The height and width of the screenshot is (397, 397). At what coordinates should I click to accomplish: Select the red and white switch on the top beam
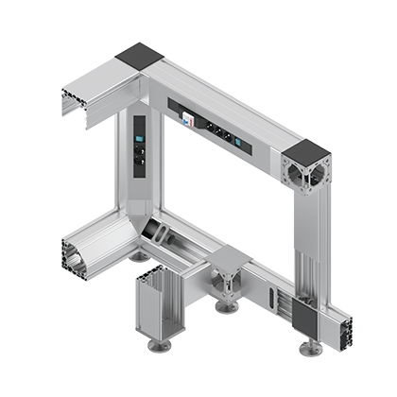coord(186,119)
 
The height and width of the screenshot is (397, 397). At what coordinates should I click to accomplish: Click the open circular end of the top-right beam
coord(304,174)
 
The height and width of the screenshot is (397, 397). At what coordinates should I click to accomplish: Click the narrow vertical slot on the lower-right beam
coord(273,302)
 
